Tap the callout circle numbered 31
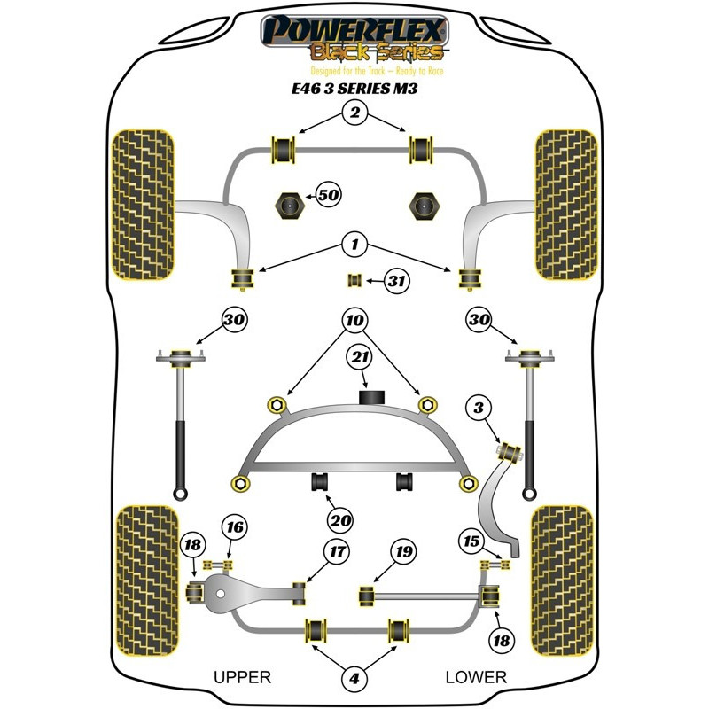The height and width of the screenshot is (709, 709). [x=397, y=282]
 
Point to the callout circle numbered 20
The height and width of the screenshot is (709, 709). [x=339, y=520]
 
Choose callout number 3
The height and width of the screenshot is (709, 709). [x=479, y=409]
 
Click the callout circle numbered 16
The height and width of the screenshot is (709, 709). [x=234, y=529]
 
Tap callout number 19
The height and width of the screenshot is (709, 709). [x=404, y=553]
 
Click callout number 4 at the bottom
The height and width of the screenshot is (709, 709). [x=354, y=680]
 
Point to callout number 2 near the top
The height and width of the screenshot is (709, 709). [x=354, y=113]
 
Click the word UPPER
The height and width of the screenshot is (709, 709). [x=242, y=677]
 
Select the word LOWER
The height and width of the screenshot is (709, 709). [x=476, y=677]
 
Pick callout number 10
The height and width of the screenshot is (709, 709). [x=354, y=320]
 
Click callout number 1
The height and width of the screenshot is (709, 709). [x=354, y=244]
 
